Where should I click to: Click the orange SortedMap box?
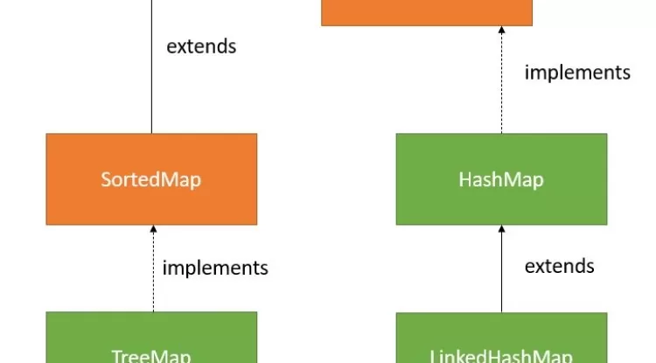(x=151, y=179)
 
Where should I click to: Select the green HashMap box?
(x=501, y=179)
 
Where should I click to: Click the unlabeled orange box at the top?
(x=427, y=12)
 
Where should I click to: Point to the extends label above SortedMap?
(x=201, y=46)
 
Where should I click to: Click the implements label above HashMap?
(x=577, y=73)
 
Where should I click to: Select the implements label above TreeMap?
(x=215, y=268)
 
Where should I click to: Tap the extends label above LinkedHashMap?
(x=560, y=265)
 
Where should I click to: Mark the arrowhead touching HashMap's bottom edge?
(x=501, y=230)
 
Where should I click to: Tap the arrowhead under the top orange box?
(x=501, y=31)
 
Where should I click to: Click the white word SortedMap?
(x=151, y=180)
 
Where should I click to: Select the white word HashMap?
(x=501, y=180)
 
